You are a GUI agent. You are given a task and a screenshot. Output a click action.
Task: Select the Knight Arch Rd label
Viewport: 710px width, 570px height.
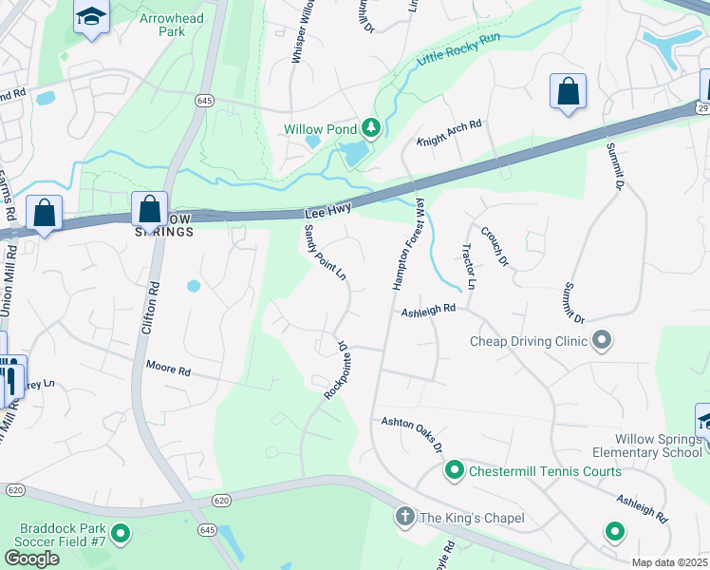pos(449,135)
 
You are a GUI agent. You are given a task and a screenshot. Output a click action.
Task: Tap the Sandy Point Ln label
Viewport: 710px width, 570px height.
pos(324,253)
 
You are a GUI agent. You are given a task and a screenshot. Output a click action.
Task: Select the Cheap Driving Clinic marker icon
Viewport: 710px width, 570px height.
pos(601,340)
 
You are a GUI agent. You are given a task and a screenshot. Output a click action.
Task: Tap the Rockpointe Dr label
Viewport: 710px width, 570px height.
pos(337,370)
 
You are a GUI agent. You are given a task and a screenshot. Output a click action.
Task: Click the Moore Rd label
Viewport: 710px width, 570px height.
pos(169,367)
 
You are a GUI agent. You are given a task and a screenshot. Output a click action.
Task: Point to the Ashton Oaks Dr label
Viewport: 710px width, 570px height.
pos(412,435)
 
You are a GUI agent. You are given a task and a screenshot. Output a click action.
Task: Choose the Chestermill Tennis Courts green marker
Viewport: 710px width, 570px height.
pos(455,470)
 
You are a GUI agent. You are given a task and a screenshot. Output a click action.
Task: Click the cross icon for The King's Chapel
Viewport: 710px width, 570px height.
pos(404,517)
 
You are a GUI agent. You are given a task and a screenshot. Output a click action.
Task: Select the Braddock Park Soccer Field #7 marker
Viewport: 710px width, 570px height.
pos(121,535)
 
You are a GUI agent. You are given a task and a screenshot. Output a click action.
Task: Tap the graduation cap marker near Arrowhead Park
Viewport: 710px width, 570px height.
pos(92,17)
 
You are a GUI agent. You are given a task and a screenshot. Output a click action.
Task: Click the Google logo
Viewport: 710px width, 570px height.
pos(31,559)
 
